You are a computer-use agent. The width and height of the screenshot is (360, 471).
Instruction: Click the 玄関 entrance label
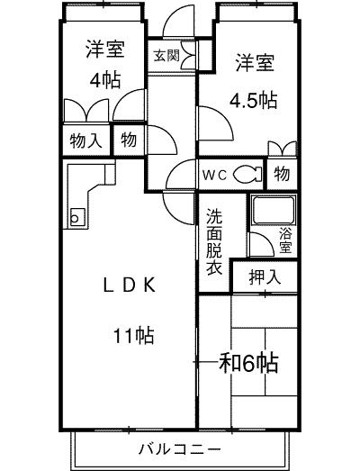tap(166, 55)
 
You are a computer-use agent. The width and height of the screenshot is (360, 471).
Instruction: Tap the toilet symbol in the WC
tap(247, 174)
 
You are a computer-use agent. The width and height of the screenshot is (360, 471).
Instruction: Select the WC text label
tap(214, 175)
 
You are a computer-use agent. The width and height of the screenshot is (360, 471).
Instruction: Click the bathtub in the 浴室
tap(274, 210)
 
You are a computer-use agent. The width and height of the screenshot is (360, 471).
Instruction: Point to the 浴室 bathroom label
tap(285, 240)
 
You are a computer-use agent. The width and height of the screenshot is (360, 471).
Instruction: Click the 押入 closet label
tap(265, 277)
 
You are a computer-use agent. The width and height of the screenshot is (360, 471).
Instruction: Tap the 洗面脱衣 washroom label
tap(214, 242)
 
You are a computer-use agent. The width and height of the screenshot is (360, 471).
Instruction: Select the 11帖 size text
tap(133, 335)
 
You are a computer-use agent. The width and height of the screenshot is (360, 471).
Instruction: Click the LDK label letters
tap(130, 285)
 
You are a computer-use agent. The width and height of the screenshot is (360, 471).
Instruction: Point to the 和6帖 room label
tap(248, 363)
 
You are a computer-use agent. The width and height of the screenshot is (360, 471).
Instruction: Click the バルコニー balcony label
tap(179, 449)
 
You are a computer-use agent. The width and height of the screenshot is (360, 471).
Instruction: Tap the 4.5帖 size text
tap(253, 100)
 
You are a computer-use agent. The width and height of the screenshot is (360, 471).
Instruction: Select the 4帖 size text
tap(105, 80)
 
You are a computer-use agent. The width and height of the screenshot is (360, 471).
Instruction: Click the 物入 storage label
tap(85, 140)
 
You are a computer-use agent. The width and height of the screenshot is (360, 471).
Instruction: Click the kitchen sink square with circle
tap(77, 217)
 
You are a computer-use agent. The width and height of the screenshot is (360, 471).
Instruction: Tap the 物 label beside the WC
tap(282, 173)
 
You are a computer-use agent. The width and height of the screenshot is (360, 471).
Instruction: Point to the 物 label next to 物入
tap(129, 140)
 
